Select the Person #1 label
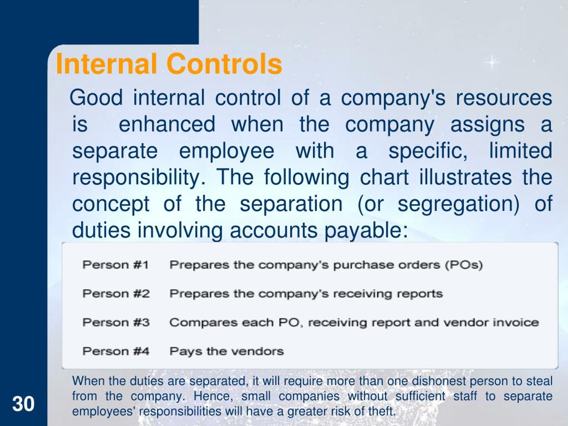[x=116, y=264]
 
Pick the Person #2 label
[x=116, y=294]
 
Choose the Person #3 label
[x=116, y=322]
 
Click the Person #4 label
[x=116, y=351]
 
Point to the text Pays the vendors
[x=227, y=351]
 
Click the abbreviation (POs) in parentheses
[x=464, y=265]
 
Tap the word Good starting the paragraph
[x=96, y=98]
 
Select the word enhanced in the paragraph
[x=167, y=124]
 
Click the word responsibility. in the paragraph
[x=139, y=178]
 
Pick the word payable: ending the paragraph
[x=366, y=231]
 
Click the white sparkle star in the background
[x=492, y=62]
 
